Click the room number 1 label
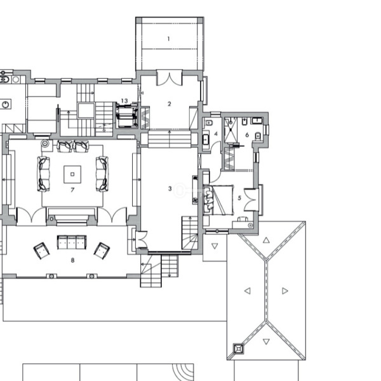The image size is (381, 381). pos(169,39)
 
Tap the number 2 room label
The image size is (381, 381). pos(170,104)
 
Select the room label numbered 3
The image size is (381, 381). pos(170,189)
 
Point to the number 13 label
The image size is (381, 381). pos(124,100)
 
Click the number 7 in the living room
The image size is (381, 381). pos(72,190)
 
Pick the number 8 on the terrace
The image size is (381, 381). pos(72,260)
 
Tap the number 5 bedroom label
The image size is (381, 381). pos(239,198)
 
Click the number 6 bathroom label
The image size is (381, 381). pos(247,135)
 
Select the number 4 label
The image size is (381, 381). pos(216,134)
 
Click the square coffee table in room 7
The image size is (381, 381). pos(72,174)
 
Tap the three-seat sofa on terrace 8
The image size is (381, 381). pos(72,243)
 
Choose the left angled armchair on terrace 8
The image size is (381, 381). pos(41,251)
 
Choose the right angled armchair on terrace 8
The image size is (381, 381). pos(102,251)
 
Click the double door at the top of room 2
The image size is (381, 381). pos(170,78)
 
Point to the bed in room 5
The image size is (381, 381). pos(218,200)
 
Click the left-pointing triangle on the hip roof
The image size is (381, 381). pos(248,291)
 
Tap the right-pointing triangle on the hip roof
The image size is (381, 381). pos(285,291)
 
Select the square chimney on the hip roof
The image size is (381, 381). pos(238,349)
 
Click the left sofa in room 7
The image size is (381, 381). pos(44,174)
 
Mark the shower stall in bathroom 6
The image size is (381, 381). pos(231,130)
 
